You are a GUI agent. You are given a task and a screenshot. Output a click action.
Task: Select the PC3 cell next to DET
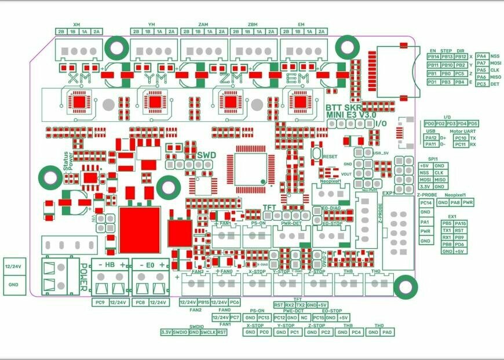point(481,84)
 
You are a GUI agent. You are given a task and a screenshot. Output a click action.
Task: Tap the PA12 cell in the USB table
point(431,138)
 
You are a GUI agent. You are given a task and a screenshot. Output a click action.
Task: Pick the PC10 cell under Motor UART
point(461,138)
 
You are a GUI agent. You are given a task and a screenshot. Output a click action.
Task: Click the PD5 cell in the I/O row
point(473,123)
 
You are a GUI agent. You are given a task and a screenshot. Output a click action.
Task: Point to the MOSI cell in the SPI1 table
point(425,180)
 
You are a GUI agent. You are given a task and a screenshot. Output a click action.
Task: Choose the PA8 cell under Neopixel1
point(455,202)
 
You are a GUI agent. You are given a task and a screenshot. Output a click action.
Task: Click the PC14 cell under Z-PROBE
point(426,203)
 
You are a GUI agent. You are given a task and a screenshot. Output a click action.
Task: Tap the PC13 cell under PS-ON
point(264,318)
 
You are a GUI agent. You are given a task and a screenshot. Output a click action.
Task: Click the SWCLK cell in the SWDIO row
point(208,332)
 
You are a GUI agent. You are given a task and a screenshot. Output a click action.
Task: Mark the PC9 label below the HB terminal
point(99,303)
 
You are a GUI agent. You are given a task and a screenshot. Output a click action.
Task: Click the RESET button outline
point(316,155)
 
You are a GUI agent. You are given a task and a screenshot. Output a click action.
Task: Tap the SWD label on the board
point(206,156)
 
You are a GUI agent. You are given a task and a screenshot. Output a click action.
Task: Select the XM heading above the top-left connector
point(76,24)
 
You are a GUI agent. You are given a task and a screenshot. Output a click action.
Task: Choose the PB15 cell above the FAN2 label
point(203,302)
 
